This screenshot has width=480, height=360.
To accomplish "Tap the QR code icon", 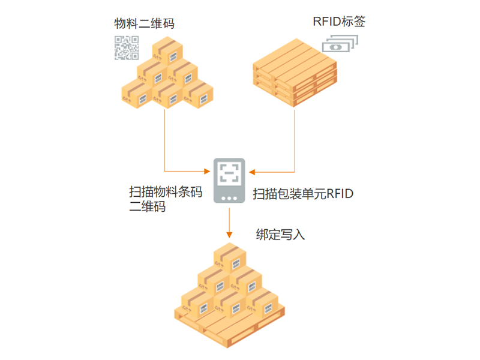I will click(x=127, y=48).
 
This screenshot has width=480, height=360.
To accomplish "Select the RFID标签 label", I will click(x=339, y=22).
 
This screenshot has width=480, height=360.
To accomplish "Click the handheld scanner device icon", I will click(x=229, y=180).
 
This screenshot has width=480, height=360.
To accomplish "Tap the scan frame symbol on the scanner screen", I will click(x=229, y=172).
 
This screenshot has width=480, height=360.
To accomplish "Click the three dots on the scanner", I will click(x=229, y=197).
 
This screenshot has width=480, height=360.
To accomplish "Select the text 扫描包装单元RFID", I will click(x=303, y=194).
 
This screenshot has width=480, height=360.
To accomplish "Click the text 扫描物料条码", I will click(x=166, y=192).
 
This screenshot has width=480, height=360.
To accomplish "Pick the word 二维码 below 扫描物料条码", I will click(x=148, y=208).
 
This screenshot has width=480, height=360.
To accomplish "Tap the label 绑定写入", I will click(x=280, y=235).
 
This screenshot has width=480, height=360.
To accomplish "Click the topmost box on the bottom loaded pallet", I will click(x=229, y=257).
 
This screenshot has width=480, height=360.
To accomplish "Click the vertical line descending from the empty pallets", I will click(x=295, y=138).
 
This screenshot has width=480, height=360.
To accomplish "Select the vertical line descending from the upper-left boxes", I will click(x=164, y=138).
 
